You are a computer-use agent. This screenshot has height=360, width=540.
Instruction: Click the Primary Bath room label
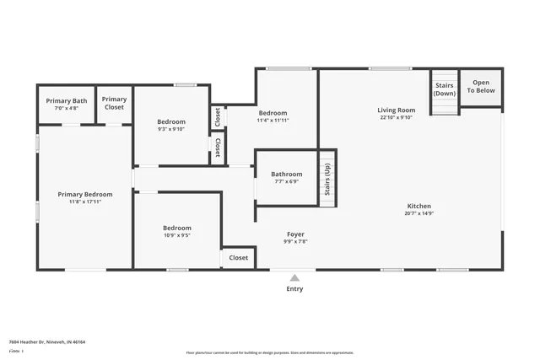click(x=67, y=101)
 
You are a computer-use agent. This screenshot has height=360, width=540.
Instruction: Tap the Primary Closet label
click(x=114, y=104)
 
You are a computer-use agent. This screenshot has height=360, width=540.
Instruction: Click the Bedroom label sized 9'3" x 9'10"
click(x=171, y=122)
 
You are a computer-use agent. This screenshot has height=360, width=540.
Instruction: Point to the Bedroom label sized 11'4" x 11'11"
click(x=273, y=113)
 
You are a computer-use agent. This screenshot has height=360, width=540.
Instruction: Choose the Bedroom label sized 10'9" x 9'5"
click(x=176, y=228)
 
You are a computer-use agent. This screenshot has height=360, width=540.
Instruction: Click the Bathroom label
click(x=286, y=175)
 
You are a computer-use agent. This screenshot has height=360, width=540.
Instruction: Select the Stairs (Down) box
click(x=444, y=89)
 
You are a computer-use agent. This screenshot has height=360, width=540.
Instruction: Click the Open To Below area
click(x=481, y=86)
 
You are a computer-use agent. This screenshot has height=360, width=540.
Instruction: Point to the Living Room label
click(x=396, y=110)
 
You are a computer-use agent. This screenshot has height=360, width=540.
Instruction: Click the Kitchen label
click(x=419, y=207)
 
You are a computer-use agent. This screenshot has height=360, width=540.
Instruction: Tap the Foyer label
click(x=295, y=234)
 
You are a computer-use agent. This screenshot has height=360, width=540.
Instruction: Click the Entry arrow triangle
click(x=294, y=277)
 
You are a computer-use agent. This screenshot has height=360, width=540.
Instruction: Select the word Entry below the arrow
click(x=294, y=289)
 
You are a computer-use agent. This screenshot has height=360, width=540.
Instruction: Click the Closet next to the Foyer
click(x=239, y=258)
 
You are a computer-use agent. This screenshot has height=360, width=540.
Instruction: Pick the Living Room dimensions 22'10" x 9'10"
click(x=396, y=118)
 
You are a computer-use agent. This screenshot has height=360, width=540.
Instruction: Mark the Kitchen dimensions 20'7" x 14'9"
click(x=419, y=214)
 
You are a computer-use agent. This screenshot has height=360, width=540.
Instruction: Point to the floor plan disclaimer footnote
click(x=270, y=352)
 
